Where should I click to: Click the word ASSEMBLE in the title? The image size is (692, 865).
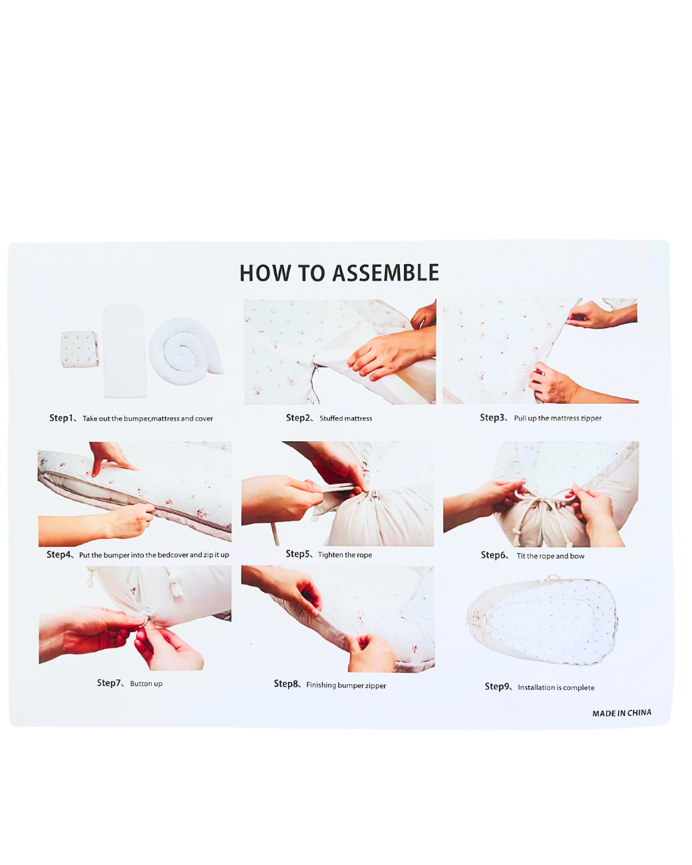385,273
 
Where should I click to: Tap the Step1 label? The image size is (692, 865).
61,418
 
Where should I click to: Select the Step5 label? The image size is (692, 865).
297,554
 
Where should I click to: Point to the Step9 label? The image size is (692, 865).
496,686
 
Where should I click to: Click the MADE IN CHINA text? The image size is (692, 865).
621,713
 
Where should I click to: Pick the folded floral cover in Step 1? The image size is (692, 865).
80,349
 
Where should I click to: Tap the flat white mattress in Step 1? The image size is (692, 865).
124,351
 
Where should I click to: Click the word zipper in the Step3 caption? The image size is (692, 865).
591,418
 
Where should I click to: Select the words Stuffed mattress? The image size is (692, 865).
346,419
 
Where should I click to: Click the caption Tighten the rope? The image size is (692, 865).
345,555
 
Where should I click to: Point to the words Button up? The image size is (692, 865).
146,683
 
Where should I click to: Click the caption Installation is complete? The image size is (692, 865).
556,687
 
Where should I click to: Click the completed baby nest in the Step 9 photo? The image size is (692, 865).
542,620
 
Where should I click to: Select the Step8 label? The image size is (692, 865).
286,683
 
